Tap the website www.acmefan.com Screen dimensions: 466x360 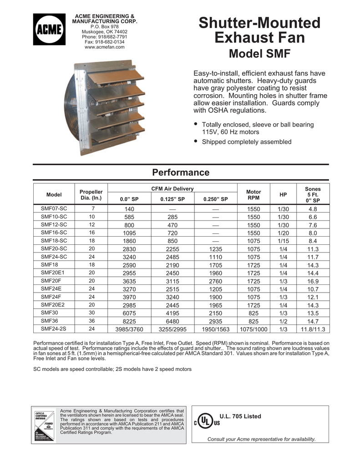[104, 47]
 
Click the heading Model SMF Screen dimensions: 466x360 [259, 54]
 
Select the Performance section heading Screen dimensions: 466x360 [181, 172]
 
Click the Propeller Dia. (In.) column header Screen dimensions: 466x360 [91, 195]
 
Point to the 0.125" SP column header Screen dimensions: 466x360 [172, 199]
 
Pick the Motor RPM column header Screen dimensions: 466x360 [253, 195]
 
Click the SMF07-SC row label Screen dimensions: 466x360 [54, 208]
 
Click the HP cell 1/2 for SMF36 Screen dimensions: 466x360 [283, 321]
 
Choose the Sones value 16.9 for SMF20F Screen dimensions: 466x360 [313, 281]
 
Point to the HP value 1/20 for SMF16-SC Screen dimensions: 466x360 [283, 233]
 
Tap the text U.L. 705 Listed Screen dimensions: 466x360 [240, 416]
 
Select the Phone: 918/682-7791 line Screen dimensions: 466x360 [104, 36]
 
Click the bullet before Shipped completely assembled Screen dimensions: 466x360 [196, 141]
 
